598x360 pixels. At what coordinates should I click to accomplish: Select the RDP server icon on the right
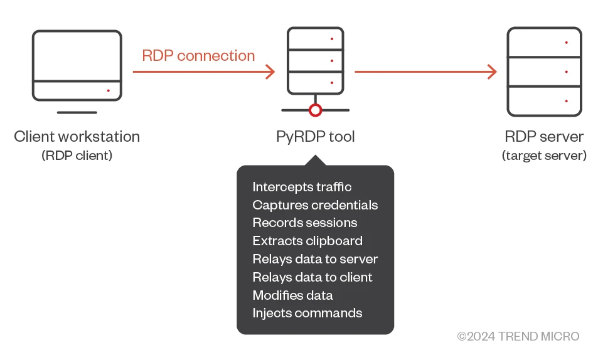click(544, 71)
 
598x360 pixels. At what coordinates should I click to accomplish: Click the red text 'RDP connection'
click(198, 56)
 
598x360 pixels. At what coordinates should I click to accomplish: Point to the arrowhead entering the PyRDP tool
click(270, 71)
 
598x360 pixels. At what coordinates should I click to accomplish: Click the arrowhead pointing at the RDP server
click(492, 71)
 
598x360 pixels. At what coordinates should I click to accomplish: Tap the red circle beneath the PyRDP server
click(316, 110)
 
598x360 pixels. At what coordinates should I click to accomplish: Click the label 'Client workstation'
click(77, 137)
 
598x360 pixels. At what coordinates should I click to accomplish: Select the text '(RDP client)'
click(77, 156)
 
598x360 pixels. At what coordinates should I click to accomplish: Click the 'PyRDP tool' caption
click(316, 137)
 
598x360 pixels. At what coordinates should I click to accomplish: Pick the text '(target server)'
click(544, 156)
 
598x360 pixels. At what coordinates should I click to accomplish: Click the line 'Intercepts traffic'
click(302, 187)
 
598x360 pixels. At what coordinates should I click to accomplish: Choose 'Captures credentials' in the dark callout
click(315, 205)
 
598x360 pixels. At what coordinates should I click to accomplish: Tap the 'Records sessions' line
click(305, 223)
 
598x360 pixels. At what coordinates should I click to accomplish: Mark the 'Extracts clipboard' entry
click(307, 241)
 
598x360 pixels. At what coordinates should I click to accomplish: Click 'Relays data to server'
click(315, 259)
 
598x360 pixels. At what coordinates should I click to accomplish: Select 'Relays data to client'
click(312, 277)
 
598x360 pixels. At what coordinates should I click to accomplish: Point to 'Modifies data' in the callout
click(292, 295)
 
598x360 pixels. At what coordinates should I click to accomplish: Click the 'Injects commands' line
click(307, 313)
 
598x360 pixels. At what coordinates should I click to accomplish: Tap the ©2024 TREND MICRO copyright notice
click(518, 337)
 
